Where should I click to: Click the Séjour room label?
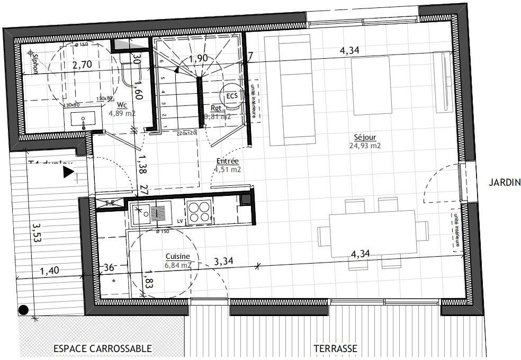click(x=365, y=137)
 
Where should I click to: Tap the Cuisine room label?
click(x=177, y=256)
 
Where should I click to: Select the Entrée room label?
click(x=228, y=161)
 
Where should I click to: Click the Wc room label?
click(x=121, y=105)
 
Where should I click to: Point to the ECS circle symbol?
click(x=231, y=96)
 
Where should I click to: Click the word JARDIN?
click(x=505, y=183)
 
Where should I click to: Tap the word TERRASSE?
click(x=335, y=349)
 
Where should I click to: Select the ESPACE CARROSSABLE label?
click(x=102, y=349)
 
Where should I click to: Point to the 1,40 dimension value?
click(x=50, y=272)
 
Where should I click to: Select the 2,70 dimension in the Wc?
click(x=82, y=66)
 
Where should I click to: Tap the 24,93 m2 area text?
click(x=365, y=145)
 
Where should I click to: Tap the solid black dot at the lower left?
click(x=23, y=310)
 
